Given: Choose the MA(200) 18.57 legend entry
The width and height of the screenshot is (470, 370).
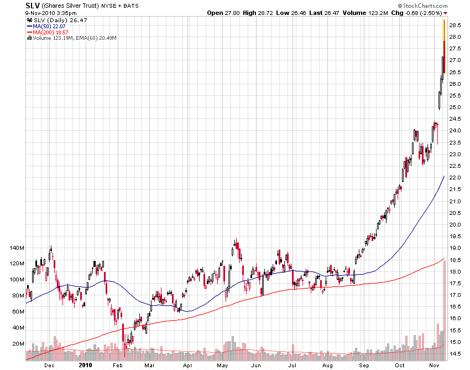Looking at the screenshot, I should [x=48, y=32].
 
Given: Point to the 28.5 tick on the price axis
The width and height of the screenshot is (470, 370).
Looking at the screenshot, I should [x=456, y=25].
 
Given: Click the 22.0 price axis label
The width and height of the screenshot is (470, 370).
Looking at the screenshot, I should [x=456, y=178].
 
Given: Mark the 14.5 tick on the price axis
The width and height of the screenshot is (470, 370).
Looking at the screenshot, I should [x=456, y=353].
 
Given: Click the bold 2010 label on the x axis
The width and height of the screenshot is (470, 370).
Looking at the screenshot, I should [x=85, y=365].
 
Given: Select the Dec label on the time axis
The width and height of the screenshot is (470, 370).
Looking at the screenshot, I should [x=49, y=365].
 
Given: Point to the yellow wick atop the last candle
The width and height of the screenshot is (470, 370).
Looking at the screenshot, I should [x=444, y=30].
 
